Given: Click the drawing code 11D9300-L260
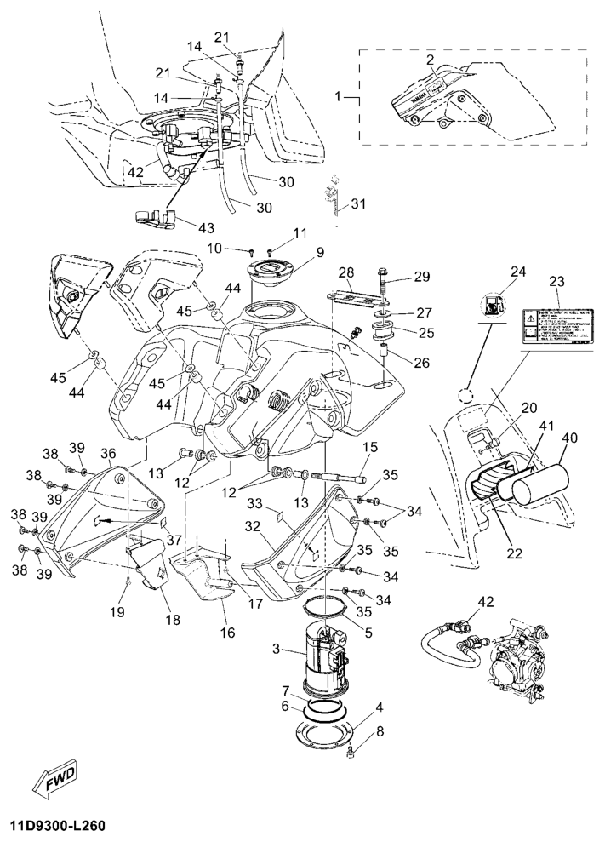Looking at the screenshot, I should click(x=60, y=826).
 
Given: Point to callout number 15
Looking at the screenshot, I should click(x=370, y=446).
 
